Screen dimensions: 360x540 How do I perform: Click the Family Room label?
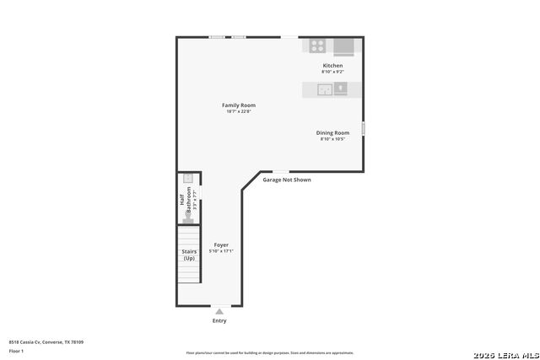[x=239, y=105]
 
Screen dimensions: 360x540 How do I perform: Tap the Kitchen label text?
[x=332, y=65]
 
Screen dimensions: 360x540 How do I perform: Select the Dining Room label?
[x=332, y=132]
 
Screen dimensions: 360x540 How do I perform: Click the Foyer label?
[x=221, y=244]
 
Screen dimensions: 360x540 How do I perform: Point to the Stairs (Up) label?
[x=189, y=255]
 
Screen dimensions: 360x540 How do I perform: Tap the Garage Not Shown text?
[x=287, y=180]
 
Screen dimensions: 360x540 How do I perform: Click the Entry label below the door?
[x=219, y=320]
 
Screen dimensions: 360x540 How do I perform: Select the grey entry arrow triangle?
[x=219, y=311]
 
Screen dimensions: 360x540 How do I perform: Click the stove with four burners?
[x=318, y=46]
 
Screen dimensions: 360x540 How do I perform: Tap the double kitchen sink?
[x=326, y=89]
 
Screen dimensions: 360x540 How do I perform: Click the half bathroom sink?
[x=189, y=179]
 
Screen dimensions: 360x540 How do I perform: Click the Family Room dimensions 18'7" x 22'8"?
[x=239, y=112]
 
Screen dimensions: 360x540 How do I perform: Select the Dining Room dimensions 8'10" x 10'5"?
[x=332, y=139]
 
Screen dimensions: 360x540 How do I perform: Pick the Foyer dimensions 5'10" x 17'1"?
[x=221, y=251]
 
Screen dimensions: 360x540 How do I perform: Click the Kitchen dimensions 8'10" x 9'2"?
[x=332, y=72]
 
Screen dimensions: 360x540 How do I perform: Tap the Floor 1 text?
[x=16, y=351]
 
